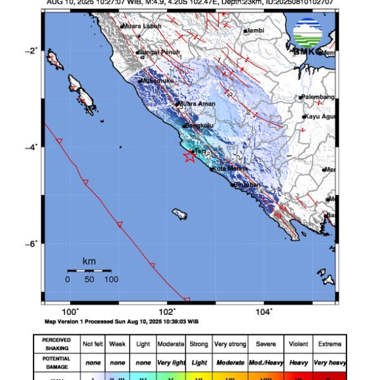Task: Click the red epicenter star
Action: click(189, 156)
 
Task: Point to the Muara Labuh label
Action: click(142, 26)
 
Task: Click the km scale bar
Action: click(89, 270)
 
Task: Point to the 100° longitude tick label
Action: click(70, 312)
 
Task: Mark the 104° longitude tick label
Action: click(263, 312)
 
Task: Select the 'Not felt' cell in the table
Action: click(93, 344)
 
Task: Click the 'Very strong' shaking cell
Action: click(230, 344)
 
